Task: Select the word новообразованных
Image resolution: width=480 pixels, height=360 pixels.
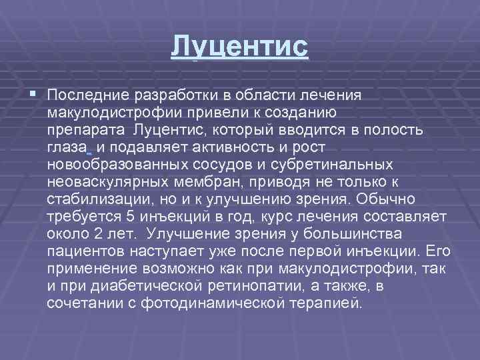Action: pyautogui.click(x=107, y=163)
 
